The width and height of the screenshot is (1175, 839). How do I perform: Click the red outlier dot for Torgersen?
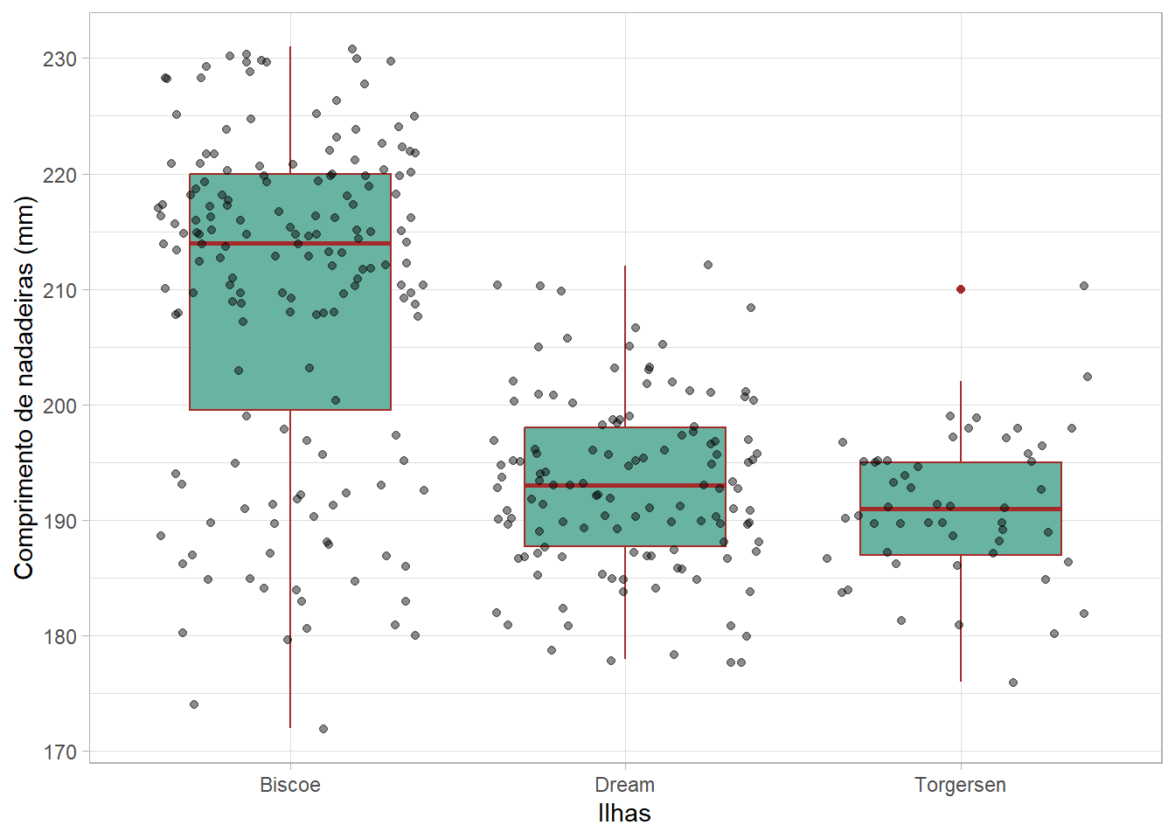(961, 289)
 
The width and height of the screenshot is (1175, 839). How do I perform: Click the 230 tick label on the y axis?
(59, 59)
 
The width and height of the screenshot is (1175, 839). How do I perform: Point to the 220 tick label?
(59, 175)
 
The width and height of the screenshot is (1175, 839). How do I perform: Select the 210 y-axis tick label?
(59, 290)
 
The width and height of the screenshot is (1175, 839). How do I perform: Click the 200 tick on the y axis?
(59, 406)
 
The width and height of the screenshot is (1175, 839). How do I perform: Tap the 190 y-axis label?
(59, 521)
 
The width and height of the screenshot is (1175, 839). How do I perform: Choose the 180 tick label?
(59, 636)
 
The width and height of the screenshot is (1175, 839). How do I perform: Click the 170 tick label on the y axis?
(59, 752)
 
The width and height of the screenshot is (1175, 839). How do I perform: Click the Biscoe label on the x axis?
(290, 785)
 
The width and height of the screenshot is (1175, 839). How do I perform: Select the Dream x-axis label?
(625, 785)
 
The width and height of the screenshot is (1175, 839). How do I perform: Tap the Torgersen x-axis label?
(961, 785)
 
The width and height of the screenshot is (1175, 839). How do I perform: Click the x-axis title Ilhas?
(624, 814)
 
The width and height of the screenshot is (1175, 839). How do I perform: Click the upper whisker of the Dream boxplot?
(625, 350)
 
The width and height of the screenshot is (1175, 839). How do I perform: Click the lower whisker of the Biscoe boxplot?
(290, 568)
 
